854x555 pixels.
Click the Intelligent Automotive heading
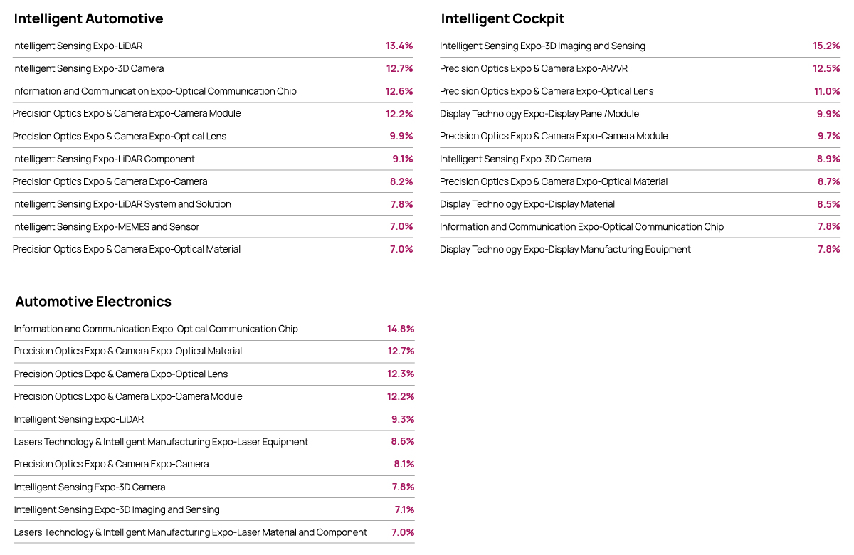(x=88, y=18)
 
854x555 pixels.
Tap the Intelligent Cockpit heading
(x=502, y=18)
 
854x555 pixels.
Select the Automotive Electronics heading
(x=93, y=302)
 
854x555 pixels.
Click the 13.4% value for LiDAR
(x=399, y=46)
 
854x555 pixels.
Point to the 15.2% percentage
(x=826, y=46)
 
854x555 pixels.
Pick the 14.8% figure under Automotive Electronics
(x=400, y=329)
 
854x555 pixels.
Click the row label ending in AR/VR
(x=533, y=68)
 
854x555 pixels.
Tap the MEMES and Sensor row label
(x=105, y=227)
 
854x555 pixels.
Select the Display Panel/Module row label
(x=539, y=114)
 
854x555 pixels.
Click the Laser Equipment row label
(x=161, y=442)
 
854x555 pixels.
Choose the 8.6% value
(x=403, y=441)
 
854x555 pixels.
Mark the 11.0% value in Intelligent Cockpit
(x=827, y=91)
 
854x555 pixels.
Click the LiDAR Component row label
(x=104, y=159)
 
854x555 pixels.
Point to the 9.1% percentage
(x=403, y=159)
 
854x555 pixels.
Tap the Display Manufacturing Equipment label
(x=565, y=249)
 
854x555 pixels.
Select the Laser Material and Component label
(x=191, y=532)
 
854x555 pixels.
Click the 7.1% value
(x=404, y=509)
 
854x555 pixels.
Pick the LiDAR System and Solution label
(x=122, y=204)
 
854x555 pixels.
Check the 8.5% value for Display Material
(x=828, y=204)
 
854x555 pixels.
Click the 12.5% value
(x=826, y=68)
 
